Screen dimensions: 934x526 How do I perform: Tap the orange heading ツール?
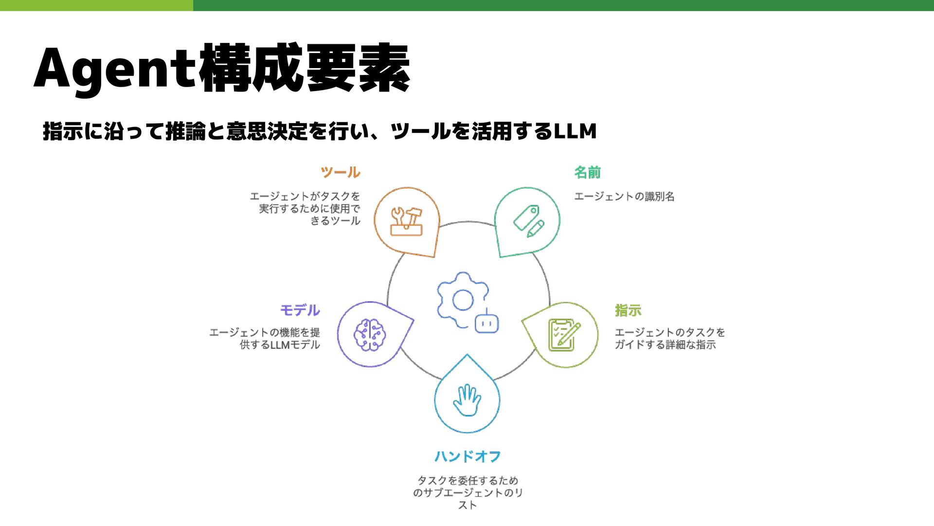point(341,172)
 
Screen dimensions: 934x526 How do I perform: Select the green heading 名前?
point(587,172)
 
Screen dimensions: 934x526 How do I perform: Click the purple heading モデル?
point(300,310)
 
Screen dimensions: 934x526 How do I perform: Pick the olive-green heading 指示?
point(628,310)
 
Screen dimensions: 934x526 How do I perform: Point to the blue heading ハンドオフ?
point(467,456)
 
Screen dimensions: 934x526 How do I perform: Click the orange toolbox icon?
point(407,222)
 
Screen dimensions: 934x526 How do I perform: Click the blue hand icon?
point(467,400)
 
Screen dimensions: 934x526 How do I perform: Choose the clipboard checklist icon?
point(563,335)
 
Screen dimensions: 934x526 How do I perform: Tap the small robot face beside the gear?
point(486,324)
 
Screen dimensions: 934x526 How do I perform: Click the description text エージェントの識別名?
point(624,197)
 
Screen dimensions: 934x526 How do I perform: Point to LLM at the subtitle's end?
point(575,131)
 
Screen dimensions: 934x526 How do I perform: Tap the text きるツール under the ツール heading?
point(335,221)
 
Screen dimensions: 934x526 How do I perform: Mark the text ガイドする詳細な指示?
point(665,345)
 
